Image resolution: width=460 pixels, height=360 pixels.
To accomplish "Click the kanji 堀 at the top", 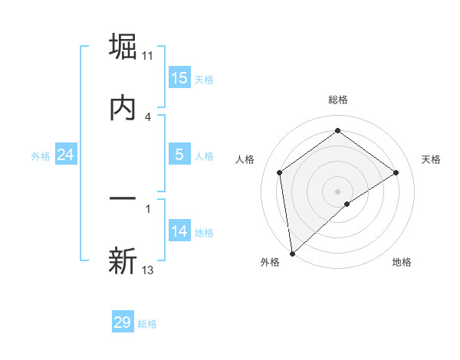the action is point(123,46).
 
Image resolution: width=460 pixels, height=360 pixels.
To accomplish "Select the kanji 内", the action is point(123,108).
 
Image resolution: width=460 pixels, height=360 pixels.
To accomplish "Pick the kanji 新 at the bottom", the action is point(123,261).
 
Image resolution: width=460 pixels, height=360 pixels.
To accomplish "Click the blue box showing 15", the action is point(179,78).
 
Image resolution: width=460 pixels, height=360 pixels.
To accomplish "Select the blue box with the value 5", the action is point(179,155).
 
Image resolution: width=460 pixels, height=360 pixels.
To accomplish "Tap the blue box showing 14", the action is point(179,231).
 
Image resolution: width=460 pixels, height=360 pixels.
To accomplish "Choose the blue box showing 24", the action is point(66,155).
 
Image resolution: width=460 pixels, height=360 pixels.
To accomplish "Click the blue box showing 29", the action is point(123,322).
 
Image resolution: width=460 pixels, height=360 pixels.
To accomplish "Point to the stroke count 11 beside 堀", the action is point(148,56).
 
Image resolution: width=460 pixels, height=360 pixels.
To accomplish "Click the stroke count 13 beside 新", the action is point(148,270).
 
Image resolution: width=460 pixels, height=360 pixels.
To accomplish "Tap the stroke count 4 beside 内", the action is point(147,116).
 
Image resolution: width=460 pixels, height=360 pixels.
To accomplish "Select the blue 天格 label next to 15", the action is point(203,79).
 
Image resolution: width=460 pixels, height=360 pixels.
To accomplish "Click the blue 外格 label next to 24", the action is point(41,155).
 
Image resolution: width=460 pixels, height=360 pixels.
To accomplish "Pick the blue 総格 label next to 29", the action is point(147,324).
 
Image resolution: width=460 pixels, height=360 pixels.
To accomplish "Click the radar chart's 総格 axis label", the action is point(338,100).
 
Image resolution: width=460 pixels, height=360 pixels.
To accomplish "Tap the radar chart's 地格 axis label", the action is point(402,262).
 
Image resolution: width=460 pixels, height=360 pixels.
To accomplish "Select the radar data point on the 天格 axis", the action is point(396,172).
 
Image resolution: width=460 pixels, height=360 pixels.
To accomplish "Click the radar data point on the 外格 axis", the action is point(292,254).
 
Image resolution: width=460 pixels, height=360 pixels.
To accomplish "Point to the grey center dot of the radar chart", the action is point(338,191).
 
